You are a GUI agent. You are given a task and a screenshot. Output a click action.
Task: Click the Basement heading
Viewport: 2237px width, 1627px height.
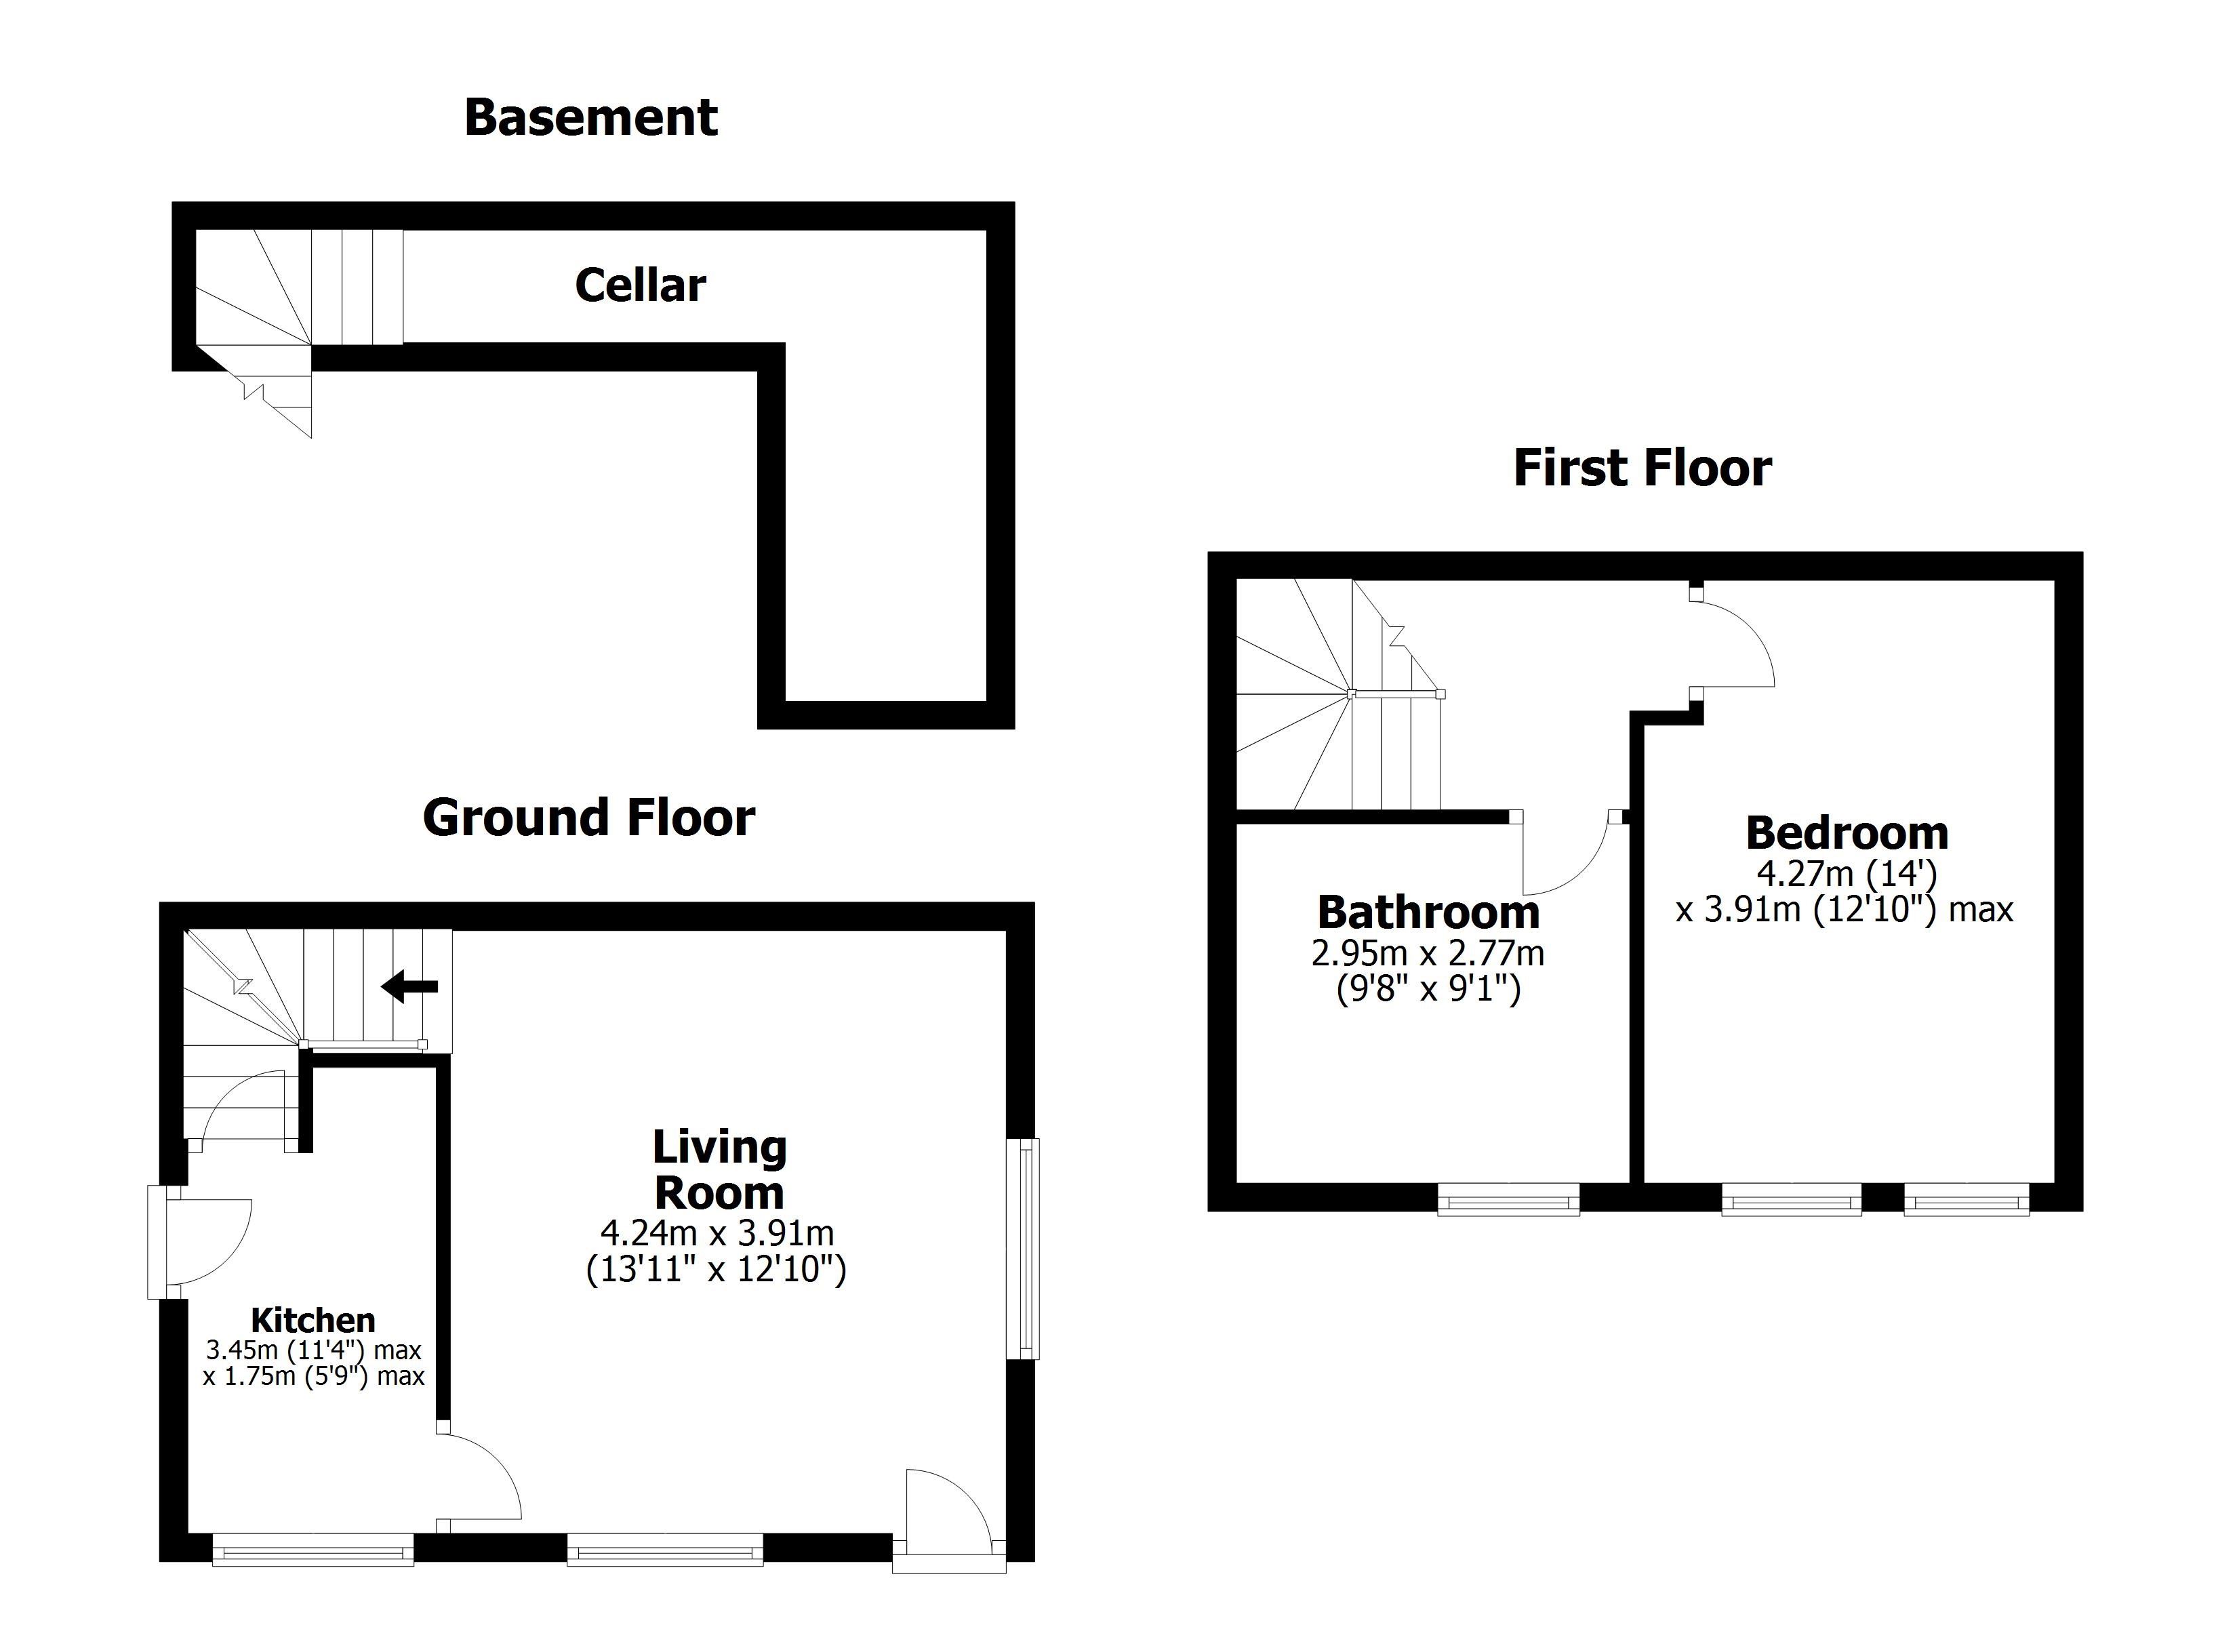591,117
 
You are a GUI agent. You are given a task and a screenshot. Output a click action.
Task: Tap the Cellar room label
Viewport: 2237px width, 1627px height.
640,285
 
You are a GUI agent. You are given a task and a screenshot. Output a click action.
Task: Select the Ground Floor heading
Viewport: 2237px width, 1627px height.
589,818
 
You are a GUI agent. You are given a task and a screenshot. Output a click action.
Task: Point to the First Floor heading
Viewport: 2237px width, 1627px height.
1643,468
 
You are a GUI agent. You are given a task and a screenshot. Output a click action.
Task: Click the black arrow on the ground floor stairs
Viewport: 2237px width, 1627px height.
410,985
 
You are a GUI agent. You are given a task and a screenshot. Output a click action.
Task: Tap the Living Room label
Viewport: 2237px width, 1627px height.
719,1169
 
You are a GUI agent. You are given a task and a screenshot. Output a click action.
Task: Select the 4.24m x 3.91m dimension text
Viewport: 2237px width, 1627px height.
717,1232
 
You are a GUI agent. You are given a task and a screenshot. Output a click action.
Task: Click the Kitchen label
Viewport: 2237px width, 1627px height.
313,1320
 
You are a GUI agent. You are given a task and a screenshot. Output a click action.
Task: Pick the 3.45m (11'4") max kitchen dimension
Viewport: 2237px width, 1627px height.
314,1350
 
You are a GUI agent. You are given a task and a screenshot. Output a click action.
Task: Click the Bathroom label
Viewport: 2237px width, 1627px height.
1428,912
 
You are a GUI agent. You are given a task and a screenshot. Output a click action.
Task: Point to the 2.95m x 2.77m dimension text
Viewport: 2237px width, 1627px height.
1427,953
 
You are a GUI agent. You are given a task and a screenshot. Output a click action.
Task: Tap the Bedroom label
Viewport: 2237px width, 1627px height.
1847,834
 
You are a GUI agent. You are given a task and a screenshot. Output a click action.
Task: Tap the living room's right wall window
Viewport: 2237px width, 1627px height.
1027,1249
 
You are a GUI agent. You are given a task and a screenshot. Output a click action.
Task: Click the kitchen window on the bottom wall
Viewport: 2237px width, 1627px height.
313,1549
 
